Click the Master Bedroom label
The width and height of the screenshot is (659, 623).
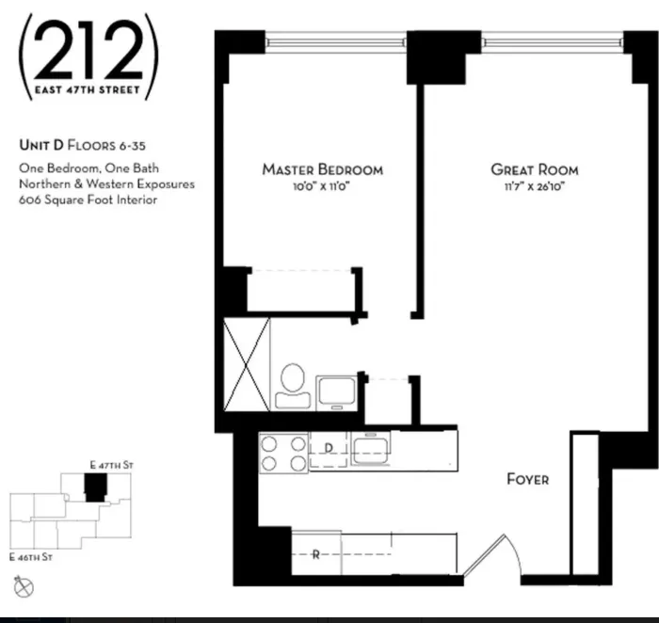tap(322, 169)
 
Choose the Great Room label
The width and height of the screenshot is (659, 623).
tap(534, 169)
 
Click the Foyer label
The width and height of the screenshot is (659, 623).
tap(527, 479)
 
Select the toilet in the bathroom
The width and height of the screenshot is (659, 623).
tap(291, 387)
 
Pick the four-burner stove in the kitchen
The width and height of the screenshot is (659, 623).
tap(284, 452)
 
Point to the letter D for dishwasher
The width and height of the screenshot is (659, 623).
tap(329, 449)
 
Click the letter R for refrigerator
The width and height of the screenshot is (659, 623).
tap(315, 555)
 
